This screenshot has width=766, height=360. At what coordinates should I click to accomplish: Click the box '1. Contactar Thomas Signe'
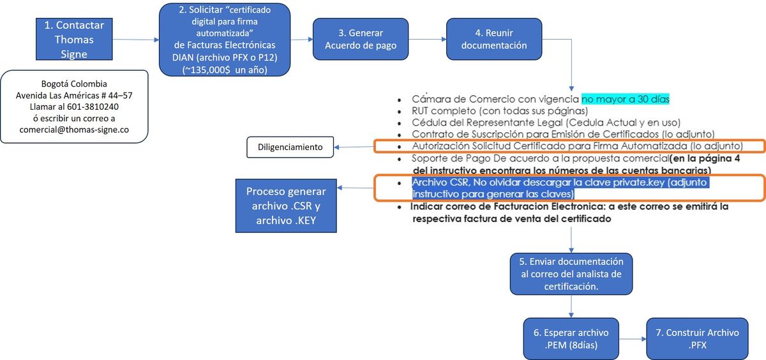pos(74,40)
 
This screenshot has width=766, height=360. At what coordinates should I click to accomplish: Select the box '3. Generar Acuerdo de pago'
pos(361,39)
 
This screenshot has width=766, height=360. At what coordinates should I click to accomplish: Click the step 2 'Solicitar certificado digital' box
pos(225,40)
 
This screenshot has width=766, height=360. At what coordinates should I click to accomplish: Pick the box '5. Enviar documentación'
pos(571,274)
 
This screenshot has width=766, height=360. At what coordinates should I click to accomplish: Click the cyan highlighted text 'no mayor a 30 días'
pos(625,99)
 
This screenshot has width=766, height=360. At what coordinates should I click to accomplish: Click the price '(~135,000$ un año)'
pos(225,70)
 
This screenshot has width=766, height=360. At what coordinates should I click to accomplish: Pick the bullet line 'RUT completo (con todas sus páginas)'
pos(500,110)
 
